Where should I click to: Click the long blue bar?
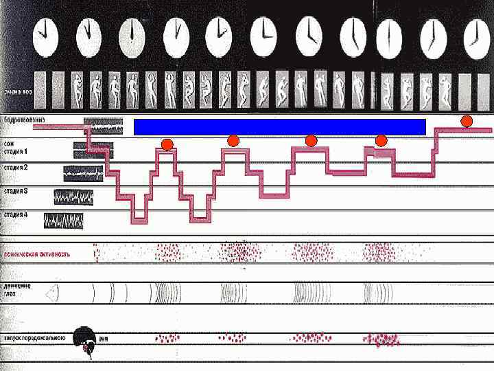point(279,126)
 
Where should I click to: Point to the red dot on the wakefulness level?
point(467,122)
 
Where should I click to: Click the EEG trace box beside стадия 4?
point(64,220)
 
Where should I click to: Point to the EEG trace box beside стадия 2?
point(83,173)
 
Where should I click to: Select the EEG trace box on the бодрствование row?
point(103,126)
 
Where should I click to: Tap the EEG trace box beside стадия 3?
point(74,196)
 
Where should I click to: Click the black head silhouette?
point(85,339)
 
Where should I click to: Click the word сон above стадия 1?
point(8,144)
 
